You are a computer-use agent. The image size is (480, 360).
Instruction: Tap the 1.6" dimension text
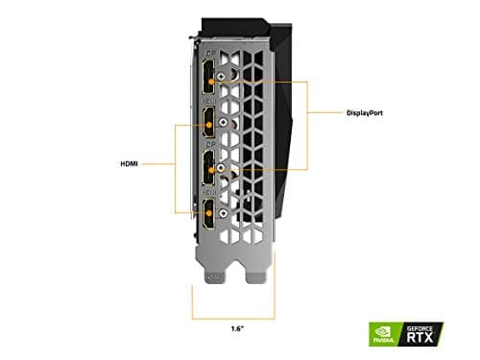pyautogui.click(x=237, y=329)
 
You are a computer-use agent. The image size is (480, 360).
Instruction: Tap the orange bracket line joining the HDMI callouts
pyautogui.click(x=176, y=163)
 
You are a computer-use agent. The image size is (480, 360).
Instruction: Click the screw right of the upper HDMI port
pyautogui.click(x=224, y=124)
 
